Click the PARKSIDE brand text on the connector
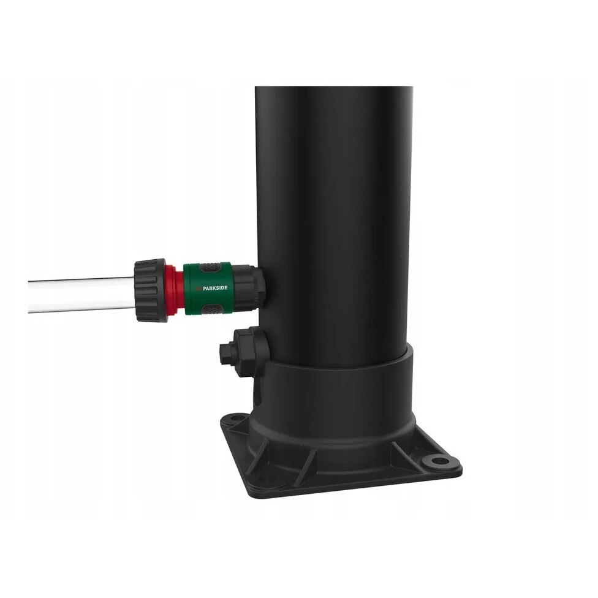coord(214,288)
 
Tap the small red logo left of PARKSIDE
coord(198,289)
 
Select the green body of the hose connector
coord(207,288)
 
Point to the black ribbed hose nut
coord(150,290)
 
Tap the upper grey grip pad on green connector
coord(210,267)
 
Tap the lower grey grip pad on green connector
coord(211,309)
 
